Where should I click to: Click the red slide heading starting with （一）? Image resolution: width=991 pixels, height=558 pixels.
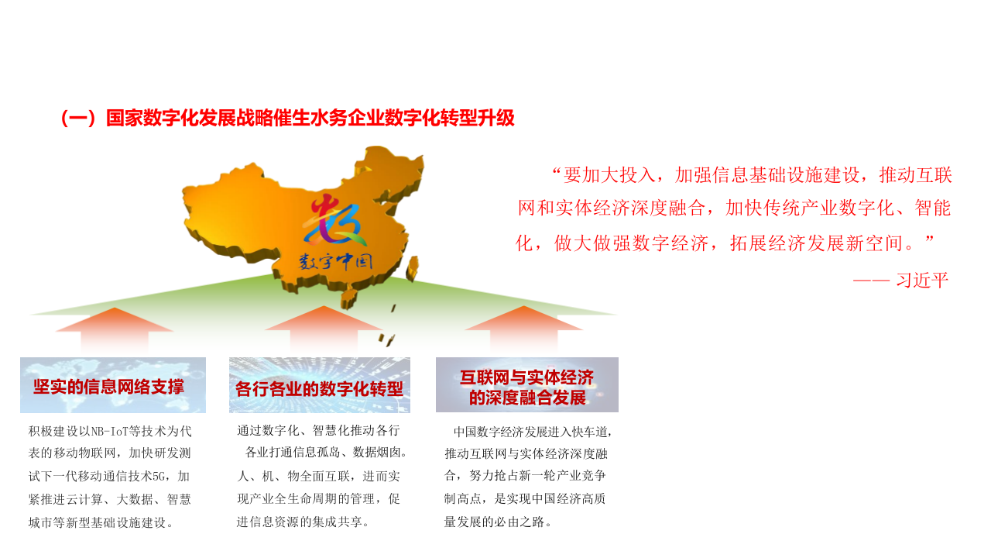pyautogui.click(x=286, y=119)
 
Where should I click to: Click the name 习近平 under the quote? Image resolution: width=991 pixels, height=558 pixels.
pyautogui.click(x=921, y=281)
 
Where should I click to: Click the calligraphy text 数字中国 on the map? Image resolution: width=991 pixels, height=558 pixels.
pyautogui.click(x=336, y=260)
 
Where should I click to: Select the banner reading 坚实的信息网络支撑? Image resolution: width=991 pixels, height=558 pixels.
pyautogui.click(x=113, y=385)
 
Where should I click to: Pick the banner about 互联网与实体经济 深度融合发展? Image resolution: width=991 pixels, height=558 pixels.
pyautogui.click(x=527, y=386)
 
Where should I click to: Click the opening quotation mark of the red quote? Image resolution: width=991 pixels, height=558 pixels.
pyautogui.click(x=555, y=174)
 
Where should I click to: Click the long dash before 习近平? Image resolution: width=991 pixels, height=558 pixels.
pyautogui.click(x=871, y=281)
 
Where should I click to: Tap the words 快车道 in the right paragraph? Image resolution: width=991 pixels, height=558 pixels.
pyautogui.click(x=588, y=432)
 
